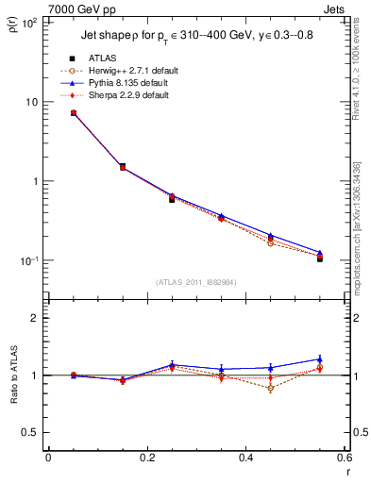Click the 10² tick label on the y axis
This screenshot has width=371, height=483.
[30, 22]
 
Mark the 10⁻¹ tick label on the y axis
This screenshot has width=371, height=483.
[30, 260]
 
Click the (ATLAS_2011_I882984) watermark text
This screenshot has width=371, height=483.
[196, 282]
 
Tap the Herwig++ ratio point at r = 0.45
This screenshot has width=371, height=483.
[270, 388]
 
